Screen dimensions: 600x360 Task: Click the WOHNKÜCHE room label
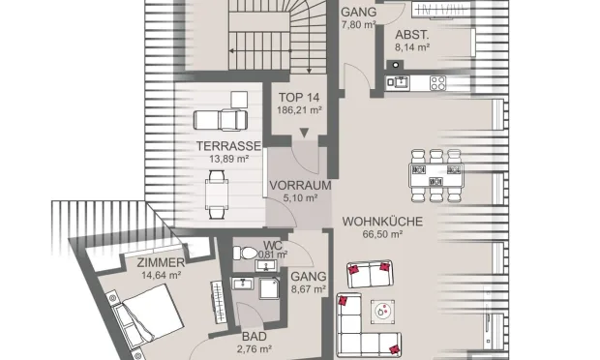(382, 222)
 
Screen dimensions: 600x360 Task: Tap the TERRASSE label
(228, 146)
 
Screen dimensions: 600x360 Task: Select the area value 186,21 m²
(299, 110)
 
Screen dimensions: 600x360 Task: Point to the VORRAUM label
(300, 185)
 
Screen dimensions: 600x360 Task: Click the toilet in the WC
(245, 253)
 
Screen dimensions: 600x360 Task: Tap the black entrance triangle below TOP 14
(304, 133)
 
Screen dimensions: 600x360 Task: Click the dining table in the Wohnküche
(435, 175)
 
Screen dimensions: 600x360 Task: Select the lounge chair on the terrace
(221, 120)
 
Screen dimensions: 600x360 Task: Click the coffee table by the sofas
(382, 312)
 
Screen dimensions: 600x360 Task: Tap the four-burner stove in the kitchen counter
(437, 83)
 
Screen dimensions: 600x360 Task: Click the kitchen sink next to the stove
(398, 82)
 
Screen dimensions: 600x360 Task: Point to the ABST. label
(412, 35)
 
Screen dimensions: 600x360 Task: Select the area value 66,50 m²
(382, 234)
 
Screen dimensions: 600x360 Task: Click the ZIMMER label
(161, 262)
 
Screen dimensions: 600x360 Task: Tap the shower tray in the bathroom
(269, 288)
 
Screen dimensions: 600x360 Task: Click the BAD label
(255, 337)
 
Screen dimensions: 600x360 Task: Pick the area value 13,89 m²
(228, 159)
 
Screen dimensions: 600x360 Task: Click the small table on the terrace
(217, 194)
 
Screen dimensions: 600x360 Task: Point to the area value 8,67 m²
(309, 289)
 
